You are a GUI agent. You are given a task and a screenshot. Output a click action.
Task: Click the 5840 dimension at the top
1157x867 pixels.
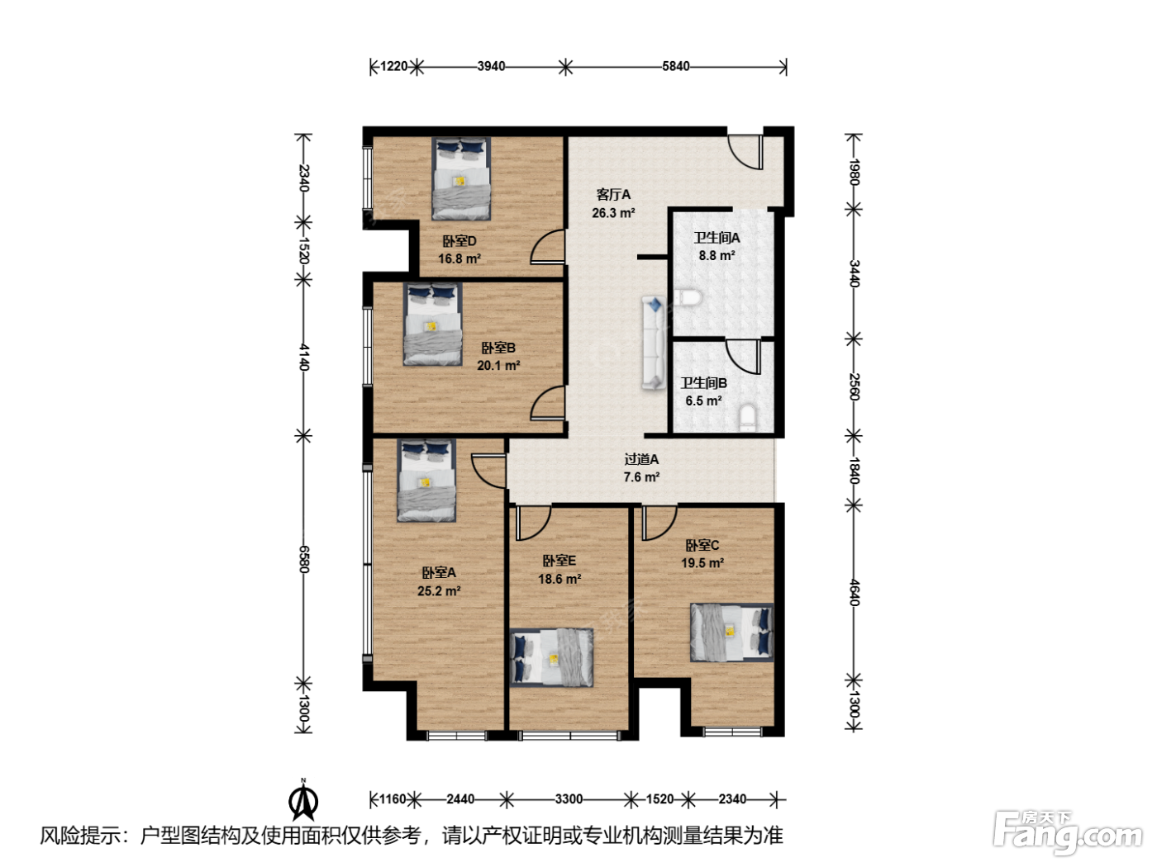[675, 66]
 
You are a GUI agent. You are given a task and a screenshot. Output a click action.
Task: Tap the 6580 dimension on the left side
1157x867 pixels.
[304, 559]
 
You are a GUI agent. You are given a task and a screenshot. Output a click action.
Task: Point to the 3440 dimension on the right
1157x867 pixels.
[854, 273]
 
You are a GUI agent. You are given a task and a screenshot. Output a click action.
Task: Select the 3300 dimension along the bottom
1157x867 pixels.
[569, 799]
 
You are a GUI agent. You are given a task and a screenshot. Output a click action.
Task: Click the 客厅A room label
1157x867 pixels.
[613, 195]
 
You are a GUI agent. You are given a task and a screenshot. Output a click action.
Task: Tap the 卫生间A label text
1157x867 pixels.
[717, 238]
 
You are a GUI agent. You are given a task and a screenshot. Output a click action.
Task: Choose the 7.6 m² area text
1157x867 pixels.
[641, 477]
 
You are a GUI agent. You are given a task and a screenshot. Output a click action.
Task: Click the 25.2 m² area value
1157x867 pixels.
[439, 590]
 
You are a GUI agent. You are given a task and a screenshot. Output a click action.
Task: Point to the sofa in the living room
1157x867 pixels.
[654, 343]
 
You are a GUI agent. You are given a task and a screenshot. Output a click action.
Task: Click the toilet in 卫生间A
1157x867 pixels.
[688, 298]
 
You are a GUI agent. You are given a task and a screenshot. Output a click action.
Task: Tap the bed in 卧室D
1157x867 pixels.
[460, 178]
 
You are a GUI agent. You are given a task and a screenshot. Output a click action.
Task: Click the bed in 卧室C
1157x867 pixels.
[731, 632]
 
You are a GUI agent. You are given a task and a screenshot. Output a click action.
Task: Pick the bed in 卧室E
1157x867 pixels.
[551, 657]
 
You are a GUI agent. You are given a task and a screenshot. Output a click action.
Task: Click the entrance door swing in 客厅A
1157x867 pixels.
[745, 152]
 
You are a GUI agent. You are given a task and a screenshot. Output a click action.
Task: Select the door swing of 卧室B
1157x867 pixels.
[548, 403]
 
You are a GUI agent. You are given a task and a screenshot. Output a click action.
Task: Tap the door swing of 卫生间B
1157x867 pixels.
[743, 357]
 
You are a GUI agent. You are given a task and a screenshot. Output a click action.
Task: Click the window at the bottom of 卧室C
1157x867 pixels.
[732, 731]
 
